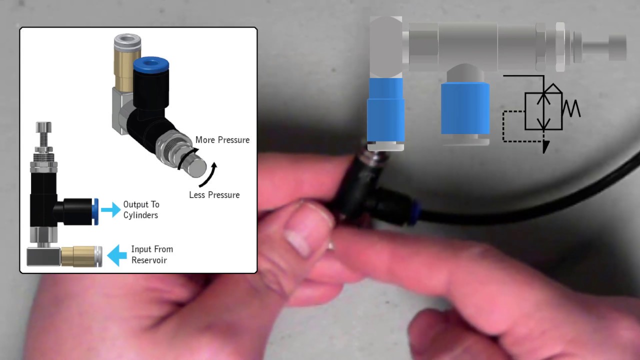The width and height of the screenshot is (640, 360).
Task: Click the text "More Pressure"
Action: [222, 139]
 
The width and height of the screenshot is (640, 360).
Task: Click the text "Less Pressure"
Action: [214, 194]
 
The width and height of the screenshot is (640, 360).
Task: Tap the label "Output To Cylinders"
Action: [141, 210]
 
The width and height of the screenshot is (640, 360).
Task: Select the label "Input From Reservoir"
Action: [151, 254]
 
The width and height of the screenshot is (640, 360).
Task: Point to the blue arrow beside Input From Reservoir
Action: [117, 255]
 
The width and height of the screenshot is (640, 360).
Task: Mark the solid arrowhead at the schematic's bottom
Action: [545, 146]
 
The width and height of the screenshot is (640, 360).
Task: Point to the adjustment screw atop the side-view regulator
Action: [43, 132]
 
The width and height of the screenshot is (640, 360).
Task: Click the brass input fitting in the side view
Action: [80, 255]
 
